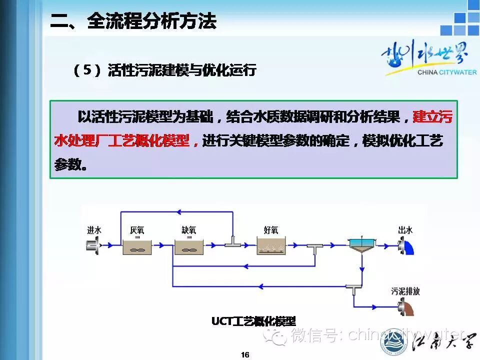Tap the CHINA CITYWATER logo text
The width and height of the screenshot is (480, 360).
click(x=446, y=72)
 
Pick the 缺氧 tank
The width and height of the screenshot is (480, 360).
click(x=189, y=245)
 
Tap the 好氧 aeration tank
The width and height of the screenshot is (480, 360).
click(x=271, y=245)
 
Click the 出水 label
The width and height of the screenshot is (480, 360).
click(x=405, y=230)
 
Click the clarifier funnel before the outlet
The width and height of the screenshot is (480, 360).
click(x=362, y=245)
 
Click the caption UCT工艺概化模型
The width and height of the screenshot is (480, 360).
click(x=253, y=321)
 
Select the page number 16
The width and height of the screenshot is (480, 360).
click(x=245, y=354)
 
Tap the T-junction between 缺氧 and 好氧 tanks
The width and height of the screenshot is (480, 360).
click(x=232, y=242)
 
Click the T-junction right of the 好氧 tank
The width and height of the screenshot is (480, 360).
click(x=314, y=247)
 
